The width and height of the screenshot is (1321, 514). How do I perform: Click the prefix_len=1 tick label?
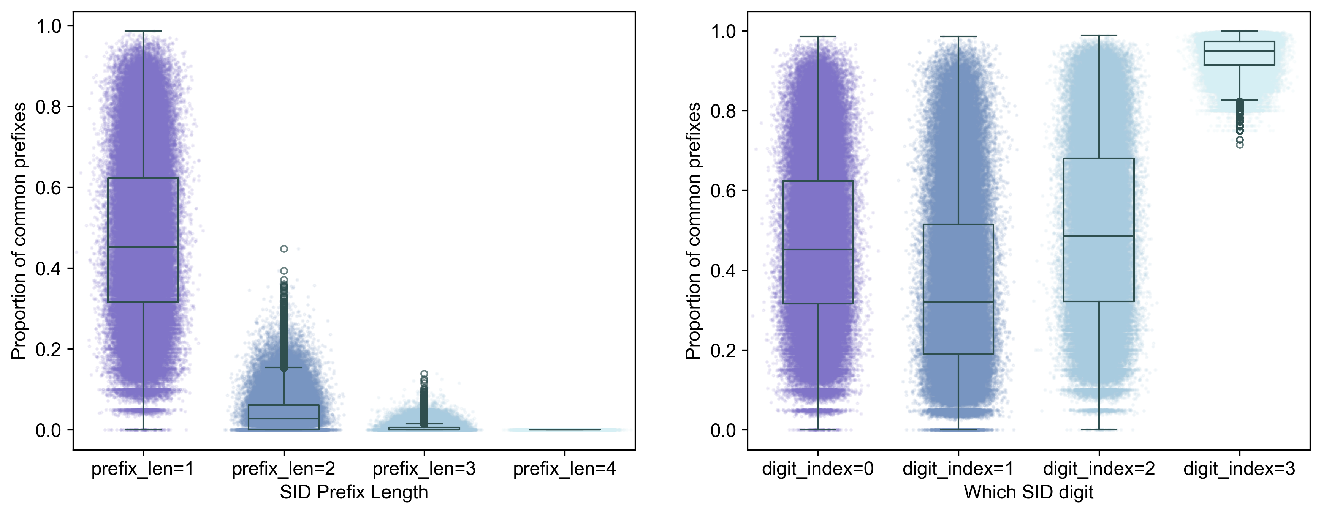(x=143, y=468)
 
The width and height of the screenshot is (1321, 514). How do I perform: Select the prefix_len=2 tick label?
(x=284, y=468)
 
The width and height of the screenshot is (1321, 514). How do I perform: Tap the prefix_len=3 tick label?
(x=424, y=468)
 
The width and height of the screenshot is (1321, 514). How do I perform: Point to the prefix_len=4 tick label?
(x=565, y=468)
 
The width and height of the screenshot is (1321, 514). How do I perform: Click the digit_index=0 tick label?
(x=818, y=468)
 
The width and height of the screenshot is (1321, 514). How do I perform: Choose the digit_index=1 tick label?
(x=958, y=468)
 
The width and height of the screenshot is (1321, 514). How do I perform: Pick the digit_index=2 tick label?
(x=1099, y=468)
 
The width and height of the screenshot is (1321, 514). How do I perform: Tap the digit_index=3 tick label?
(x=1239, y=468)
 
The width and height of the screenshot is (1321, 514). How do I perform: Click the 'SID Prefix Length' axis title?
(x=354, y=492)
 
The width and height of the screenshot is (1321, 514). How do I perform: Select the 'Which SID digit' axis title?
(x=1029, y=492)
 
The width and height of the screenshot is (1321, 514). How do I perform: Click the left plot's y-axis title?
(x=19, y=230)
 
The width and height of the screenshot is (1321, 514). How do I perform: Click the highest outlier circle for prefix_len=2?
(x=284, y=249)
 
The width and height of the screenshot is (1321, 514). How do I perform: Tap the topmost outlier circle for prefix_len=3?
(x=424, y=374)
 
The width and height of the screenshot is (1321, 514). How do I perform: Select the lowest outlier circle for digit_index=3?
(x=1239, y=145)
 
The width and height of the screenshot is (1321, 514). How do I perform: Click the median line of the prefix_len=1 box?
(x=143, y=247)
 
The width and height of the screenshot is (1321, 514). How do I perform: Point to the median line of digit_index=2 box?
(x=1099, y=236)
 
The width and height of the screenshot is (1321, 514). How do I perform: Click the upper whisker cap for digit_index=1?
(x=958, y=37)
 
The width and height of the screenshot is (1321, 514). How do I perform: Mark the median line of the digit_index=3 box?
(x=1239, y=51)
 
